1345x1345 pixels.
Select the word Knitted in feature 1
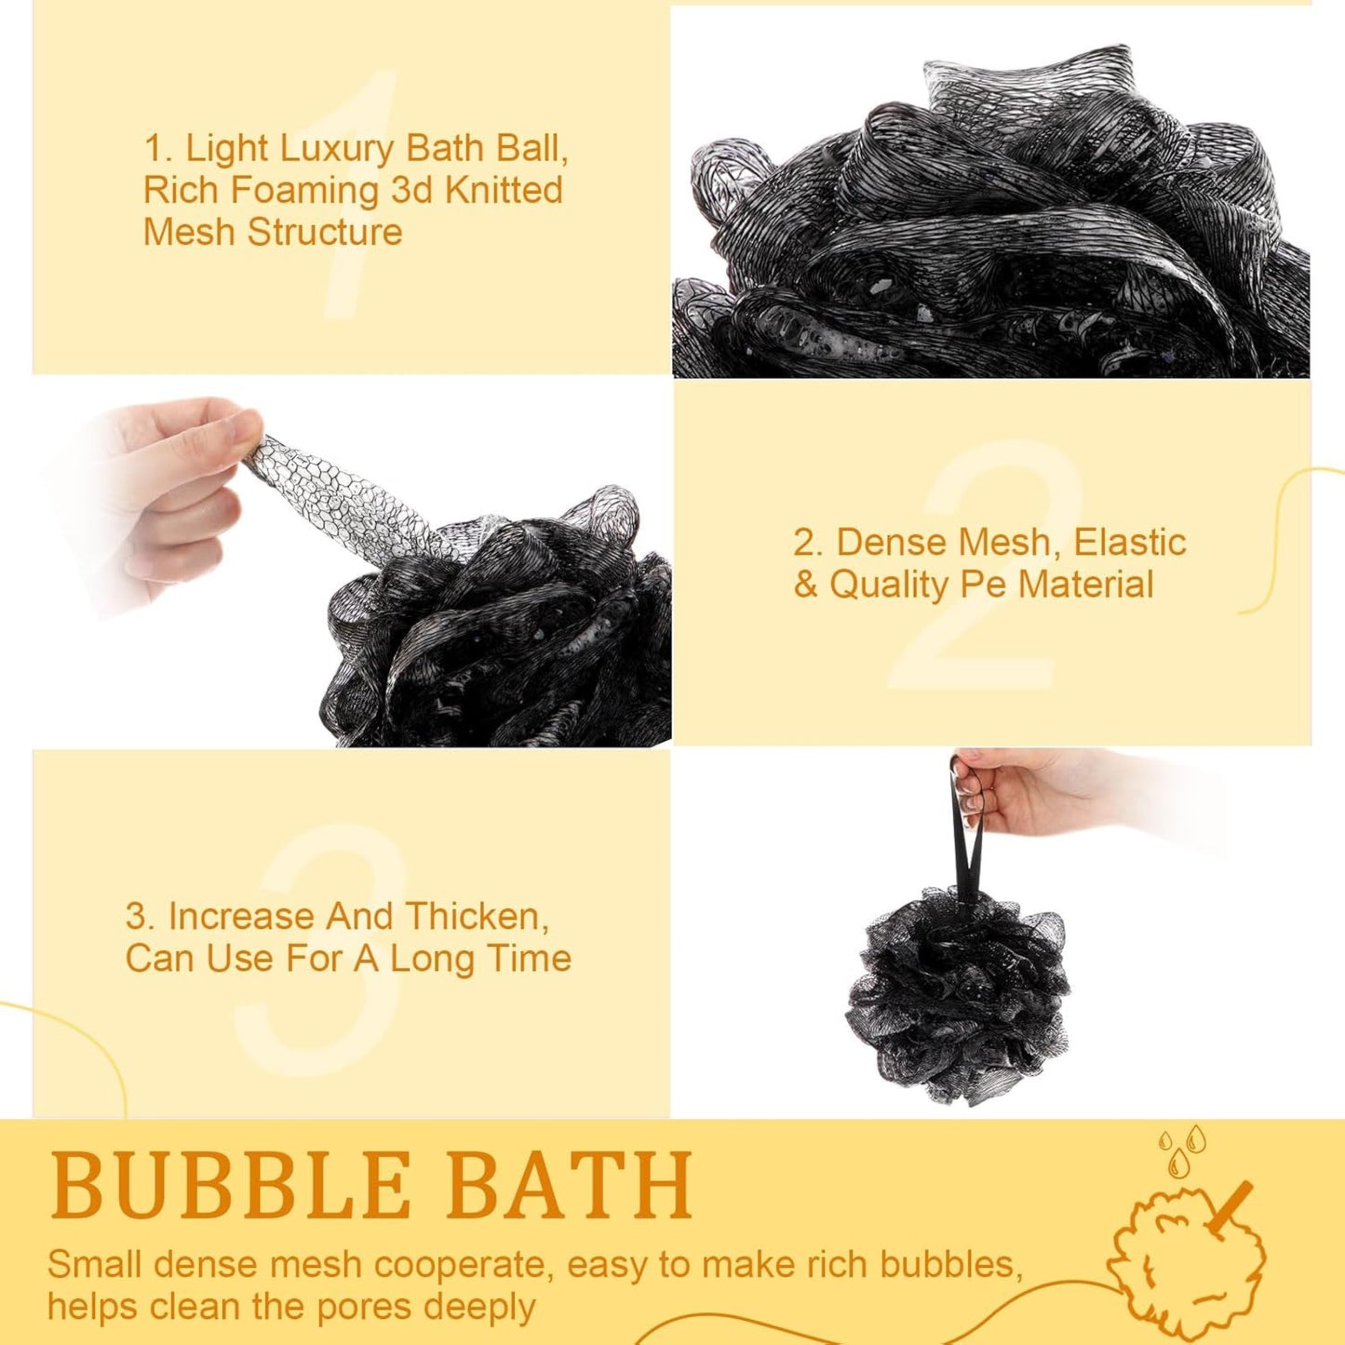[504, 190]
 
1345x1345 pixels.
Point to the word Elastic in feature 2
[1129, 542]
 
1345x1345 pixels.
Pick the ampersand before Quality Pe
[805, 585]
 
